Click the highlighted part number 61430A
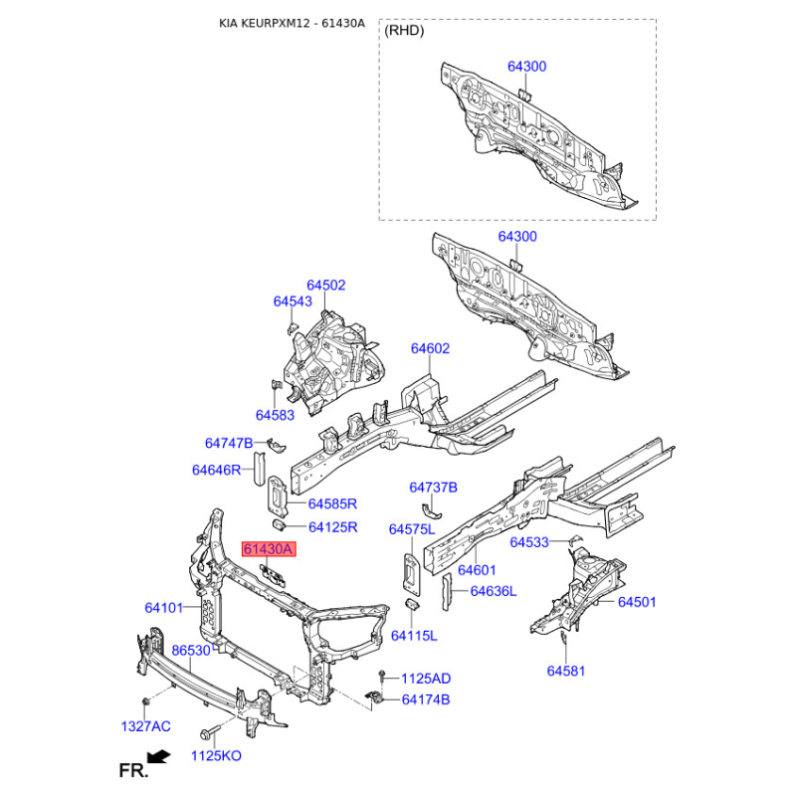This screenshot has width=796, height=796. point(269,549)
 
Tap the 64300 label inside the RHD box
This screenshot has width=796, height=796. point(527,67)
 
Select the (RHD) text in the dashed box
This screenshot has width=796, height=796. point(404,31)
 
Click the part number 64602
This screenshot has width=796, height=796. point(430,348)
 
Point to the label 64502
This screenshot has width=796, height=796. point(326,285)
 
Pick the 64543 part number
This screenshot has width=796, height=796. point(293,301)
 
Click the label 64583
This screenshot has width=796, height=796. point(275,415)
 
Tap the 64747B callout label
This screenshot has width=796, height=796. point(229,443)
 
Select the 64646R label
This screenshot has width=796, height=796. point(216,470)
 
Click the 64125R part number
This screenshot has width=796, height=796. point(333,527)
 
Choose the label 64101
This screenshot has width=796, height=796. point(164,608)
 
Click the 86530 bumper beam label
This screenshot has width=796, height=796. point(191,651)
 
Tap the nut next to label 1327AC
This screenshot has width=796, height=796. point(145,701)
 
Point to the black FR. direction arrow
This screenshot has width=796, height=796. point(159,756)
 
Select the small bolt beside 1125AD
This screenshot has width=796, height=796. point(382,677)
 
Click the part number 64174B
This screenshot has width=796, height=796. point(426,699)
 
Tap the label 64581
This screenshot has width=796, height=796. point(566,671)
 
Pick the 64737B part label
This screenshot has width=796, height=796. point(433,488)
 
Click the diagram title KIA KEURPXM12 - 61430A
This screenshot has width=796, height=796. point(292,23)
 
